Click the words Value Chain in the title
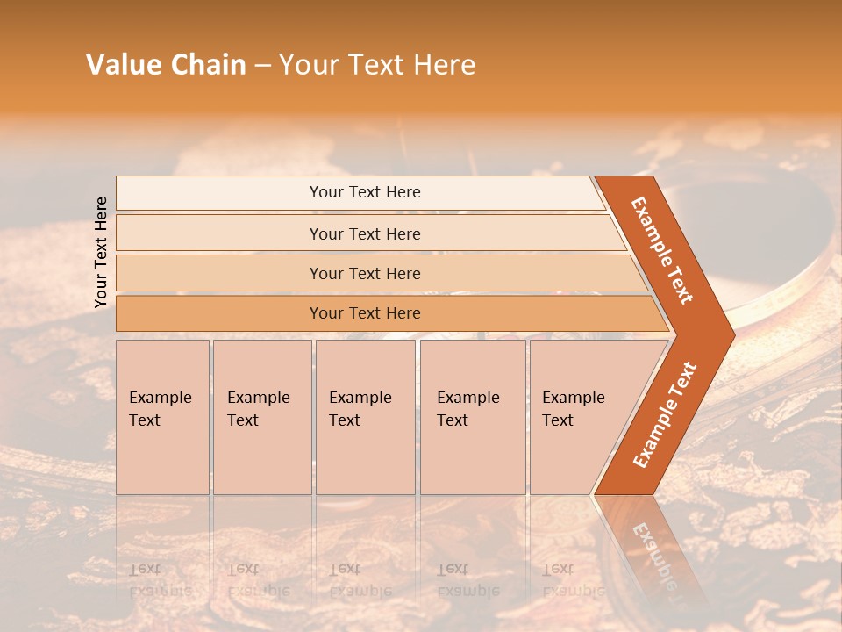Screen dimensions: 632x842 (166, 65)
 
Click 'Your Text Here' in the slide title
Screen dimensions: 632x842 (377, 65)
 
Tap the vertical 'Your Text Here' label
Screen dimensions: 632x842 (101, 252)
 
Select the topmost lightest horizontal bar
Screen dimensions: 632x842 (364, 192)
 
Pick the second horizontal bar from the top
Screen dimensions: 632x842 (364, 233)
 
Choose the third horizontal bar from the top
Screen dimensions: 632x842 (364, 273)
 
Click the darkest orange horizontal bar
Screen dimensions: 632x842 (364, 313)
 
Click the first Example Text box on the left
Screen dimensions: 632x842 (162, 417)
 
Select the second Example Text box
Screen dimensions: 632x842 (262, 417)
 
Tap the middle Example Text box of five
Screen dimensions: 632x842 (365, 417)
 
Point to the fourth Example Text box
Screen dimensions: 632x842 (473, 417)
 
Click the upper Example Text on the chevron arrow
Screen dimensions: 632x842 (662, 250)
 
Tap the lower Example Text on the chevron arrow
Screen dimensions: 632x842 (664, 414)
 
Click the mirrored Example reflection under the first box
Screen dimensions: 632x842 (160, 591)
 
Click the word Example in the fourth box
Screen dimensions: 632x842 (467, 398)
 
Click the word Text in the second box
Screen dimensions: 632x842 (243, 420)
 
